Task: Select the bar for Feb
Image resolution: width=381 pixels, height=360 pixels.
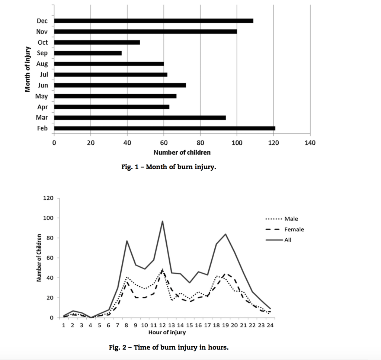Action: coord(164,128)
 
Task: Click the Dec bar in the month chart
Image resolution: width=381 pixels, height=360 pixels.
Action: coord(153,20)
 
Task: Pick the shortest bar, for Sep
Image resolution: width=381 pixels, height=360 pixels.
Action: coord(88,53)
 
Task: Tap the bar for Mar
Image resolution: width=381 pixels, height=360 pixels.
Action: coord(140,118)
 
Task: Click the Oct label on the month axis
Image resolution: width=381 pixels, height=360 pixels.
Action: coord(43,42)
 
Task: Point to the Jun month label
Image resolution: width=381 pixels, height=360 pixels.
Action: coord(43,86)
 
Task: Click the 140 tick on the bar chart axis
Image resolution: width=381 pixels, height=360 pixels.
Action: coord(310,143)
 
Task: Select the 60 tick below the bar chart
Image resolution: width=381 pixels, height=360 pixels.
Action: coord(164,143)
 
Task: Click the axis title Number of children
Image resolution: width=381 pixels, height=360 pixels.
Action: coord(182,152)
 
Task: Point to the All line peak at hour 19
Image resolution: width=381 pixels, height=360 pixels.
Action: coord(225,234)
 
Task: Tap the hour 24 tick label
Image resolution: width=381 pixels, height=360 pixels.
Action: coord(271,325)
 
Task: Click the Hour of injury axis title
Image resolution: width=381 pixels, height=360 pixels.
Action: coord(167,332)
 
